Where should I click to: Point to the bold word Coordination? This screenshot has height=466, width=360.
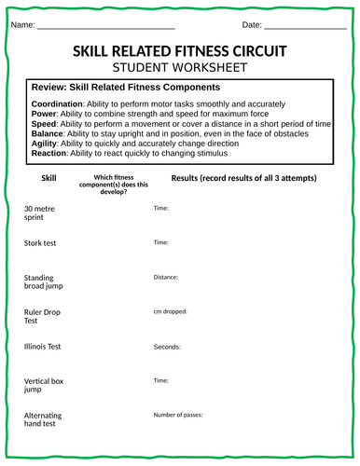coord(57,103)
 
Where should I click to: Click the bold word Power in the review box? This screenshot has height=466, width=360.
coord(44,113)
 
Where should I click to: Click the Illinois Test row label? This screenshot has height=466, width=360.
coord(43,347)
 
